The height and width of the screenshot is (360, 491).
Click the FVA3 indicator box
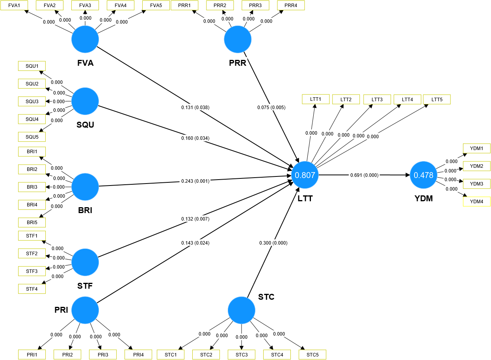[x=85, y=6]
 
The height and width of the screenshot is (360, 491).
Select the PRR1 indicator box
[x=184, y=6]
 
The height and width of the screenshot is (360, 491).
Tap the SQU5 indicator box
[x=32, y=137]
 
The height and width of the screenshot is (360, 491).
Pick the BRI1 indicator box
[x=32, y=152]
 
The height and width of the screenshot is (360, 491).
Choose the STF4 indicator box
[x=32, y=289]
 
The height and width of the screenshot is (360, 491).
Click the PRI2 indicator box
[x=67, y=354]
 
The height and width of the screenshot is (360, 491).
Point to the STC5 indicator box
[x=312, y=354]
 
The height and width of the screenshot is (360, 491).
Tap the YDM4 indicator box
[x=476, y=202]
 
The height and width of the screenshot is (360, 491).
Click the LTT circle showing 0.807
[x=305, y=175]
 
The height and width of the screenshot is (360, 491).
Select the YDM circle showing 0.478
[x=423, y=175]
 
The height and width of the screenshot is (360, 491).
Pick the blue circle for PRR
[x=238, y=40]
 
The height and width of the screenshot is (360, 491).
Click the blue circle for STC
[x=242, y=310]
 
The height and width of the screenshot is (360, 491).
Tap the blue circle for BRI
[x=85, y=186]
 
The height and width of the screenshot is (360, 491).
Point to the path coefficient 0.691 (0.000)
[x=364, y=175]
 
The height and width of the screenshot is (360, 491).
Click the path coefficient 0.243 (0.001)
[x=195, y=181]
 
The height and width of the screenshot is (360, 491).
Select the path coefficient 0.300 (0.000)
[x=273, y=243]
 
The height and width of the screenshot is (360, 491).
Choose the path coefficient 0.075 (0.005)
[x=271, y=107]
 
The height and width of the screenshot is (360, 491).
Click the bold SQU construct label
[x=85, y=125]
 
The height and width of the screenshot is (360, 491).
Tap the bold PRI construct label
[x=61, y=310]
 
